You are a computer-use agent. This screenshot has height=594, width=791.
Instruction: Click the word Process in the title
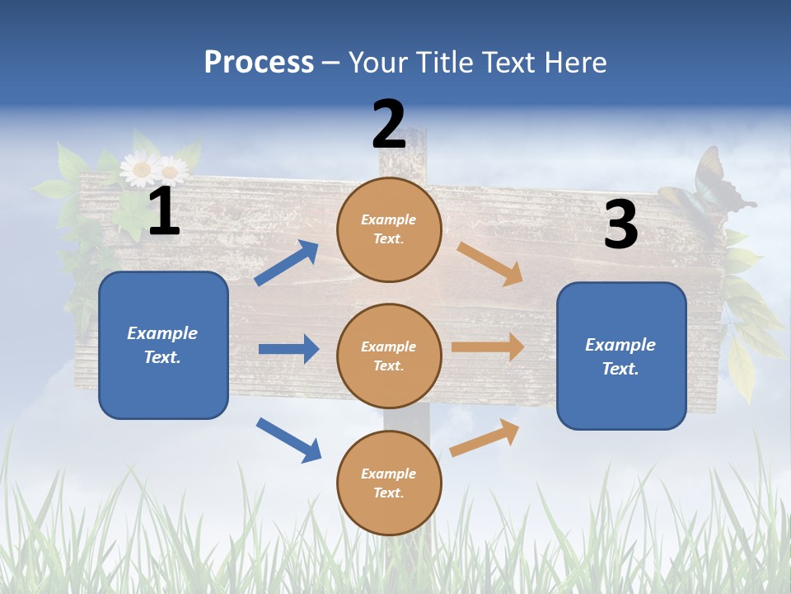click(x=259, y=63)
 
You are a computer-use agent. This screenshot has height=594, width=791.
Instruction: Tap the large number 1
click(x=164, y=211)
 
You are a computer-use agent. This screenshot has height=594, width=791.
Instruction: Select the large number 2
click(x=389, y=124)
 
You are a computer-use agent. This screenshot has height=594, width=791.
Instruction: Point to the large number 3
click(x=620, y=224)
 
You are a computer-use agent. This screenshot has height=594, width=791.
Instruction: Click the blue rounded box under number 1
click(x=163, y=345)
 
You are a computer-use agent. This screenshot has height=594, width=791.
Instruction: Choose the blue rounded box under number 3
click(x=621, y=356)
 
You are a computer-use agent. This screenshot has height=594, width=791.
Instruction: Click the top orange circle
click(x=389, y=229)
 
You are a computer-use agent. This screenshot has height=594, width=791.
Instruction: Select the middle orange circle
click(x=389, y=356)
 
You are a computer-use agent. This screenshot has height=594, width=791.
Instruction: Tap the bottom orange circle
click(x=389, y=483)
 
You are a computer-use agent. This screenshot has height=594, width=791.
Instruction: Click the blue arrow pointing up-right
click(x=287, y=262)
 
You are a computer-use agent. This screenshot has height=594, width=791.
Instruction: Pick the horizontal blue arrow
click(x=288, y=349)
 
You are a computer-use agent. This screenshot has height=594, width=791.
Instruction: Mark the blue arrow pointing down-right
click(x=288, y=440)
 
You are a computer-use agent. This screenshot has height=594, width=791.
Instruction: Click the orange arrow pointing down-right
click(x=490, y=263)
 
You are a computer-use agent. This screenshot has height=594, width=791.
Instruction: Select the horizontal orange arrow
click(x=488, y=346)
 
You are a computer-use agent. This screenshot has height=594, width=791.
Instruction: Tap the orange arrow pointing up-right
click(x=485, y=437)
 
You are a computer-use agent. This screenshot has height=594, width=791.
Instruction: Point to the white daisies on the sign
click(x=153, y=170)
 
